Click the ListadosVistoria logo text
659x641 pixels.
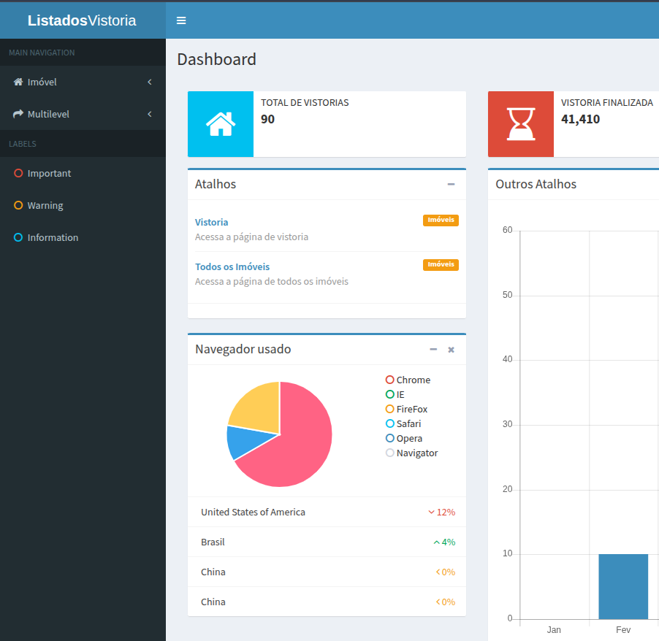pyautogui.click(x=82, y=20)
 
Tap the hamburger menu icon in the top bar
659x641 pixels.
pyautogui.click(x=181, y=20)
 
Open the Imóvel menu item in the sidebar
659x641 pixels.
pyautogui.click(x=42, y=82)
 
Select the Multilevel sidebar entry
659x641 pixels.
pyautogui.click(x=48, y=114)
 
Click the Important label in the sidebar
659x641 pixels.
pyautogui.click(x=49, y=173)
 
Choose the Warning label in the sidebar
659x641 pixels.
pyautogui.click(x=45, y=205)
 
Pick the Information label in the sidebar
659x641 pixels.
pyautogui.click(x=53, y=237)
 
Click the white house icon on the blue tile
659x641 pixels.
pyautogui.click(x=221, y=124)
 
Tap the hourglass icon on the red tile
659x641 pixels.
pyautogui.click(x=521, y=124)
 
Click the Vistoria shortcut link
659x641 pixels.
pyautogui.click(x=211, y=222)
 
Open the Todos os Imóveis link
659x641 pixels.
pyautogui.click(x=232, y=266)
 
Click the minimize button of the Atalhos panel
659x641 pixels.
pyautogui.click(x=451, y=184)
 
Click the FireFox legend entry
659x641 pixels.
pyautogui.click(x=411, y=409)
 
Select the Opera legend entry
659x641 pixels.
pyautogui.click(x=409, y=438)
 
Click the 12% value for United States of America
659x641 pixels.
pyautogui.click(x=445, y=512)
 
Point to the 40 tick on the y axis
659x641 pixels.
pyautogui.click(x=508, y=359)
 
